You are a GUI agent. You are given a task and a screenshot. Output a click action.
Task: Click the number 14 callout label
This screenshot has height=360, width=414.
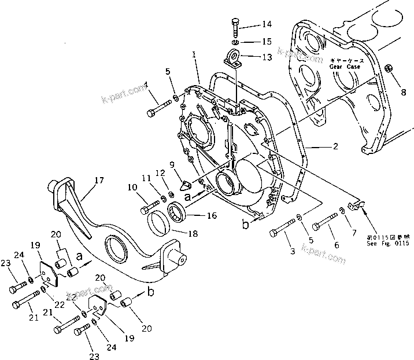[x=266, y=24]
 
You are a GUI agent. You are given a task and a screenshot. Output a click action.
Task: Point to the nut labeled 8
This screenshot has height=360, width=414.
[x=390, y=70]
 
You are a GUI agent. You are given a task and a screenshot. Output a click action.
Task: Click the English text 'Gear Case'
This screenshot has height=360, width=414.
[x=345, y=67]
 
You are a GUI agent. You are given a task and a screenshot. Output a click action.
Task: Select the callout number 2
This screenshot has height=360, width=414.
[x=335, y=147]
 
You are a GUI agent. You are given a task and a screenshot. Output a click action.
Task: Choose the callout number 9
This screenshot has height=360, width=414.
[x=172, y=164]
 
